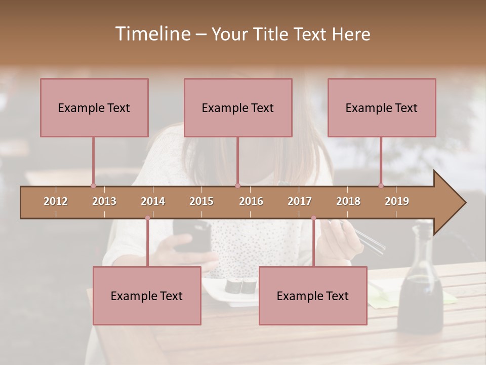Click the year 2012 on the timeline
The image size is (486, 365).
coord(56,201)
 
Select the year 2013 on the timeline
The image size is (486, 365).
coord(104,201)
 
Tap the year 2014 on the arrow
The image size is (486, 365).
coord(153,201)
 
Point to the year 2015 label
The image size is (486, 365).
coord(201,201)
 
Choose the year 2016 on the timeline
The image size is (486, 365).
coord(251,201)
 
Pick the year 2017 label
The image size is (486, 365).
coord(300,201)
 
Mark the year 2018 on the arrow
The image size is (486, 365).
coord(348,201)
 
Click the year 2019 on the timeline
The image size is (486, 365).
coord(397,201)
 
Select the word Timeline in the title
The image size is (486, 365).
coord(152,34)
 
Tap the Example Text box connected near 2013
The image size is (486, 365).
coord(94,107)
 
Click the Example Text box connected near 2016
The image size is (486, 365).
coord(238,107)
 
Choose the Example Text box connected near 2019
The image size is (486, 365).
coord(382,107)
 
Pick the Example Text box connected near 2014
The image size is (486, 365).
coord(147,296)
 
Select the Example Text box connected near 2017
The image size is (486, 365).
coord(313,296)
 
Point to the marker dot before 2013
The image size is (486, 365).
coord(93,186)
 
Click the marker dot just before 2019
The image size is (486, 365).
coord(381,186)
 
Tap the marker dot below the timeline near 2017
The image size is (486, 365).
coord(313,218)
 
